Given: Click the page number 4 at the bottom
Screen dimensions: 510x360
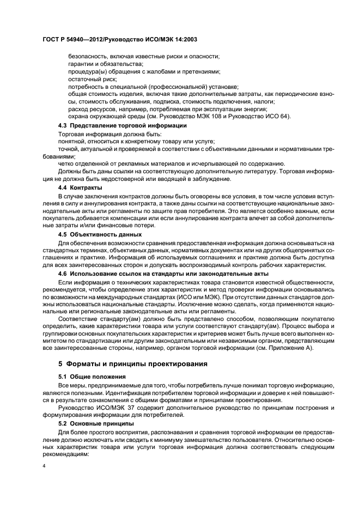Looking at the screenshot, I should click(x=44, y=466).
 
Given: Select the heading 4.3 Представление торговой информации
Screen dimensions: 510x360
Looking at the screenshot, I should click(x=122, y=126).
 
